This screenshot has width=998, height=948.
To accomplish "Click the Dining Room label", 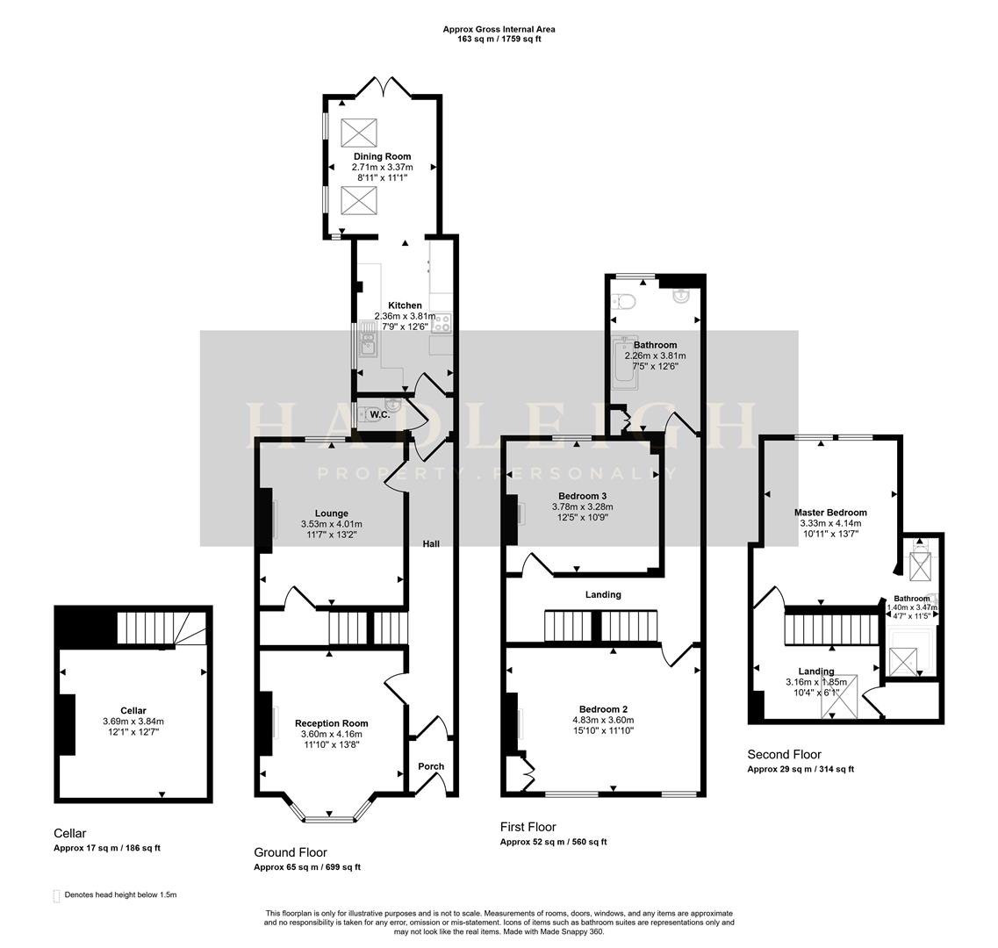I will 382,156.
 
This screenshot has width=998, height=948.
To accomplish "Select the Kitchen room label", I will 405,305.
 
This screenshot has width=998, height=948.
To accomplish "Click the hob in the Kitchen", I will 441,323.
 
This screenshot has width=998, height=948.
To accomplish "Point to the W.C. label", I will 380,413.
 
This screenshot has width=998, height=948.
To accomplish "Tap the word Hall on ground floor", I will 431,544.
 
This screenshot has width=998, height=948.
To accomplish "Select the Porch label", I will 431,766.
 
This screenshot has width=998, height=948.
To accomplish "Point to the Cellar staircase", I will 162,628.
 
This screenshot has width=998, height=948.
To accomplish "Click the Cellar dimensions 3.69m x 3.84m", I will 133,722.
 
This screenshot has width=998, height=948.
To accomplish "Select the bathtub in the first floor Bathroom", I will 626,362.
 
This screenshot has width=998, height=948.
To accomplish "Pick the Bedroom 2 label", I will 603,709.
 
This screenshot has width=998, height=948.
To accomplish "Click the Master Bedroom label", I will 829,513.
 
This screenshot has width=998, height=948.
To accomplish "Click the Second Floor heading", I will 784,754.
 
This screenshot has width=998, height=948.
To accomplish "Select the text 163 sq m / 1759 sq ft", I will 498,39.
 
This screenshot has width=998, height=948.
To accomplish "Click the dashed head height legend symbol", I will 58,895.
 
